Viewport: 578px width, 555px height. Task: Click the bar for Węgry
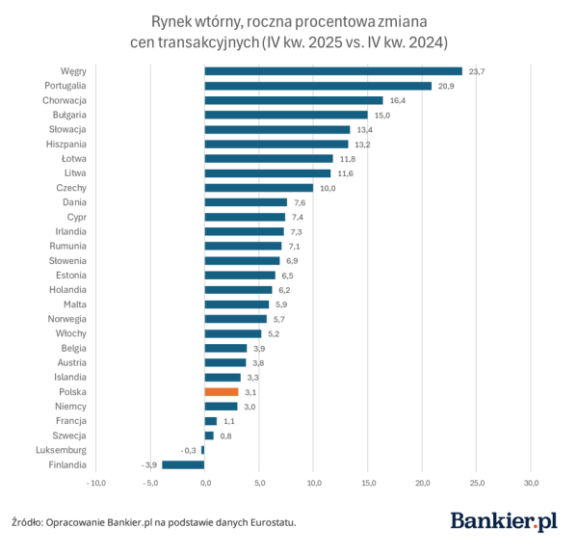pos(333,70)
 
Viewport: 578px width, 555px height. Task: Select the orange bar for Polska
pos(221,392)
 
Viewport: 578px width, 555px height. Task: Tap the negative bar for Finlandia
pos(183,464)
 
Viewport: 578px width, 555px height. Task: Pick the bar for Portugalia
pos(318,86)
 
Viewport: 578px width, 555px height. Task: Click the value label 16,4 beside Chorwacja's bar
pos(397,100)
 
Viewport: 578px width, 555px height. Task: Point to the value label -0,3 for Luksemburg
pos(189,450)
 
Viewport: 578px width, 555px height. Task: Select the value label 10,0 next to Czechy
pos(328,188)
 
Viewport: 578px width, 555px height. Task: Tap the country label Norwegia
pos(67,319)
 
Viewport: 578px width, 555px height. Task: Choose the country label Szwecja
pos(70,436)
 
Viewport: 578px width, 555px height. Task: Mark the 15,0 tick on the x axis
pos(368,483)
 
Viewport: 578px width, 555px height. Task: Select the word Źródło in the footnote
pos(27,523)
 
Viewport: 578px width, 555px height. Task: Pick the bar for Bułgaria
pos(286,115)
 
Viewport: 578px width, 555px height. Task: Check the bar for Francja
pos(210,421)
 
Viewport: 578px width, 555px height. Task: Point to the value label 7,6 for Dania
pos(301,202)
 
